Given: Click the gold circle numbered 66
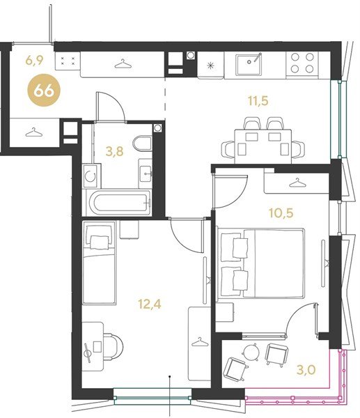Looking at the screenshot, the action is tap(44, 91).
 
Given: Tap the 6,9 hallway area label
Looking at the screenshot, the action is tap(34, 61).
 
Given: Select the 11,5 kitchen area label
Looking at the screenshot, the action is tap(258, 101).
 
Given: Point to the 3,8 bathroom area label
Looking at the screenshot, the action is tap(114, 152).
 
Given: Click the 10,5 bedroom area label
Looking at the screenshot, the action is tap(281, 213).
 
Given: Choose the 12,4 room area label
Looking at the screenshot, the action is tap(150, 304).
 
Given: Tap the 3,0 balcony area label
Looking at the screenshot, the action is tap(306, 370).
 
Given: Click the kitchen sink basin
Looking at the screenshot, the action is tap(248, 65).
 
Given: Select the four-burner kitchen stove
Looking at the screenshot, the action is tap(302, 63).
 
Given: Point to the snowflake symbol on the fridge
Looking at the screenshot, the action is tap(210, 65).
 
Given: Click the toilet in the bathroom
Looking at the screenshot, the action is tap(143, 143).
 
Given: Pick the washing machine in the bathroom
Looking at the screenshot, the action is tap(91, 176).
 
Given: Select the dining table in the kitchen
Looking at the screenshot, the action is tap(263, 146).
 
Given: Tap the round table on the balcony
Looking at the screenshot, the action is tap(251, 352).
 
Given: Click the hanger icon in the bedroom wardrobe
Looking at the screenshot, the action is tap(297, 183).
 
